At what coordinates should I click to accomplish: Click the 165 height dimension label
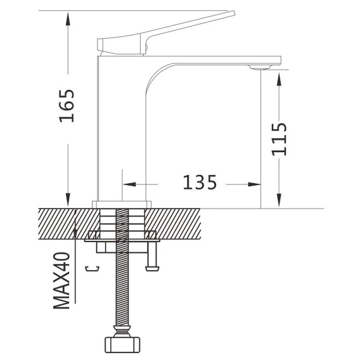[67, 106]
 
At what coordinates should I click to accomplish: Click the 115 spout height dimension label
[279, 139]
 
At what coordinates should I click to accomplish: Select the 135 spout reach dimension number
[200, 183]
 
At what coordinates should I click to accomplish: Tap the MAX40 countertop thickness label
[61, 281]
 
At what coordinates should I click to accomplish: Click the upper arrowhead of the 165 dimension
[68, 19]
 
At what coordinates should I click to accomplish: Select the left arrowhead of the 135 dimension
[129, 184]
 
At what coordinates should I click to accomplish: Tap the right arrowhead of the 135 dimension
[254, 184]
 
